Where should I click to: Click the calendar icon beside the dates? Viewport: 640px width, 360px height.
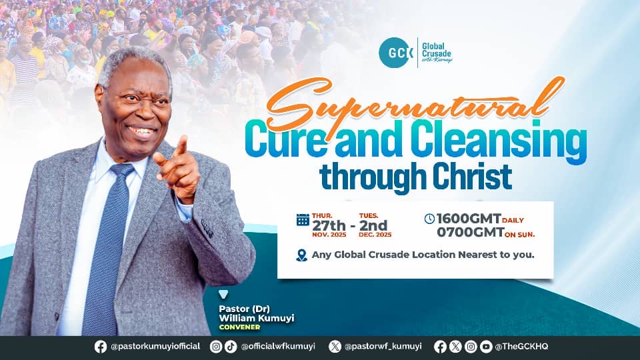[303, 219]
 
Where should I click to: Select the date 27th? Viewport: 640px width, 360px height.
[331, 224]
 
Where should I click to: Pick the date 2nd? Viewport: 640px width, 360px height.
[373, 224]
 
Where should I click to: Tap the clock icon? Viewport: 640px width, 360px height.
[429, 218]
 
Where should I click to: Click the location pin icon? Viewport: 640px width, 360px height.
[302, 255]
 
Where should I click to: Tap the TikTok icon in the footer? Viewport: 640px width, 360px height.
[231, 346]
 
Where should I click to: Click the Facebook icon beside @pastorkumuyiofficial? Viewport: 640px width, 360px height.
[101, 346]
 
